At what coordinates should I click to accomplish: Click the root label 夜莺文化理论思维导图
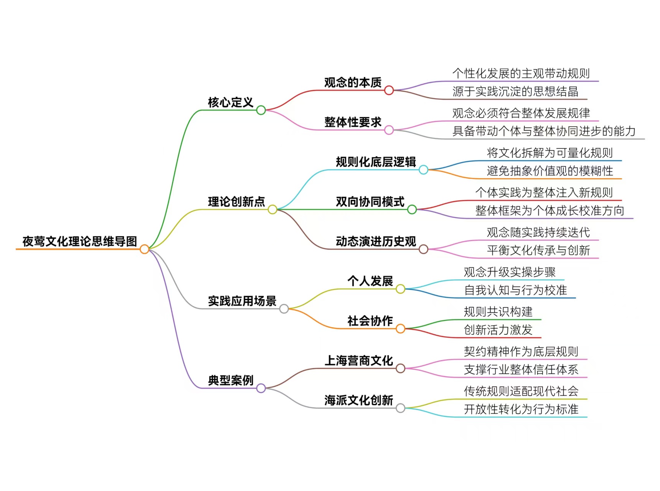click(x=80, y=241)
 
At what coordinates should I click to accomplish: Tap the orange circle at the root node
click(x=144, y=249)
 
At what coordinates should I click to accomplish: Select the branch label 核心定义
click(x=230, y=102)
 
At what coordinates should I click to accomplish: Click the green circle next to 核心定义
click(x=261, y=110)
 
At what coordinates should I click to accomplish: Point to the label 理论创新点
click(x=236, y=202)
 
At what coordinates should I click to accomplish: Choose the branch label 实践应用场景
click(x=242, y=301)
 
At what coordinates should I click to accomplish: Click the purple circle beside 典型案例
click(x=261, y=388)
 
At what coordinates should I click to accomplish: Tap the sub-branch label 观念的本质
click(x=353, y=82)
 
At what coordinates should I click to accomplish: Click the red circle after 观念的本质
click(x=389, y=90)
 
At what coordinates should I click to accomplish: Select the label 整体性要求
click(x=353, y=122)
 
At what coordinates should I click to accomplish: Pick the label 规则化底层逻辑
click(x=376, y=162)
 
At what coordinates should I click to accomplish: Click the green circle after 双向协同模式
click(x=412, y=210)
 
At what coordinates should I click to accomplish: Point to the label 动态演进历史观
click(x=376, y=241)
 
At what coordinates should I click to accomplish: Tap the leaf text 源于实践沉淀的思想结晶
click(x=515, y=91)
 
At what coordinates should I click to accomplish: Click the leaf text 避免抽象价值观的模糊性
click(x=550, y=171)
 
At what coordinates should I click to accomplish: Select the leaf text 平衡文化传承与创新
click(x=538, y=250)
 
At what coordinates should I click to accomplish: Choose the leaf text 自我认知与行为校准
click(x=515, y=290)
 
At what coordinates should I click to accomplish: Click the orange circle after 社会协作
click(x=400, y=329)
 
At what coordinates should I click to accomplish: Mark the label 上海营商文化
click(x=359, y=360)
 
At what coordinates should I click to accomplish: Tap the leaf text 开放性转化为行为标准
click(x=521, y=409)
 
